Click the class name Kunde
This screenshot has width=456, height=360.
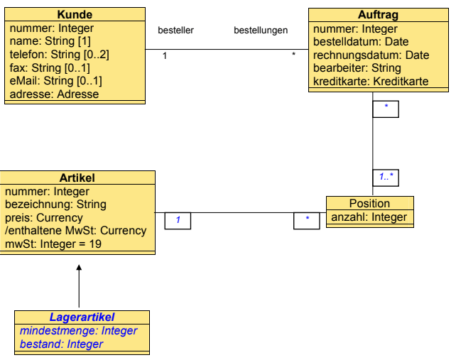coord(74,15)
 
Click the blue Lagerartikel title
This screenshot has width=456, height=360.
coord(82,317)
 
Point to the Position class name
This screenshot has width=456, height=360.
coord(369,203)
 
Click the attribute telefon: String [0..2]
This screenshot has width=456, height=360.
coord(59,55)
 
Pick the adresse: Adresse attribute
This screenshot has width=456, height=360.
coord(54,94)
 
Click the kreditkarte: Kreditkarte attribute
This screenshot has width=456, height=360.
coord(371,81)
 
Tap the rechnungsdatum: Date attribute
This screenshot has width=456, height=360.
coord(371,55)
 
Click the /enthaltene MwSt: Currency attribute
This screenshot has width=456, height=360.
coord(76,230)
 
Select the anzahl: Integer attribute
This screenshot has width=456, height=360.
coord(369,217)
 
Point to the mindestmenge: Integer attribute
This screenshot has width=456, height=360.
coord(78,331)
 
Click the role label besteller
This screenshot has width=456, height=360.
coord(175,31)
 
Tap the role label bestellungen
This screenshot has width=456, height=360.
coord(261,31)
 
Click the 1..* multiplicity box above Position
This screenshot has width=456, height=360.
coord(386,175)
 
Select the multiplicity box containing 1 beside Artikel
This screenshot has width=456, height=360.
coord(178,220)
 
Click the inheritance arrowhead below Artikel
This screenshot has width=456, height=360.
coord(79,268)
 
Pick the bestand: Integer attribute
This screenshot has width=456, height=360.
coord(61,344)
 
